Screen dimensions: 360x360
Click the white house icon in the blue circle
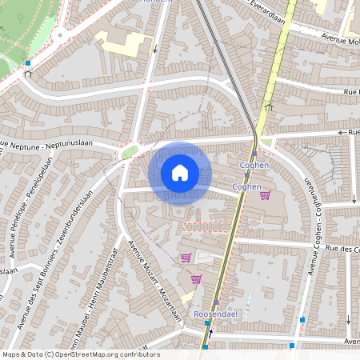[180, 173]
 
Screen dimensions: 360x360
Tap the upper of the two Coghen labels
[253, 165]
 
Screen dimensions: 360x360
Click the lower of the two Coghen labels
[246, 186]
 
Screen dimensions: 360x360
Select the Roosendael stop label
[213, 315]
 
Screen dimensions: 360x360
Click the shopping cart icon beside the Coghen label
[266, 195]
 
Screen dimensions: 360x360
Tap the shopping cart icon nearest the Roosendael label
[196, 279]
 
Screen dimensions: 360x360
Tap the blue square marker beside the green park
[28, 62]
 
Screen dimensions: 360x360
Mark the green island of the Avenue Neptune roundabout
[129, 152]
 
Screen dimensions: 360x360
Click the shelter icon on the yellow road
[269, 106]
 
